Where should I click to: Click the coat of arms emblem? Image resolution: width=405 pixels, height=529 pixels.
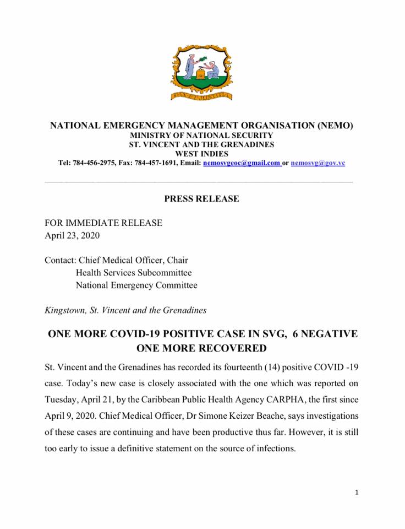point(201,73)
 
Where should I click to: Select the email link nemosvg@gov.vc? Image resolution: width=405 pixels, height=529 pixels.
point(318,163)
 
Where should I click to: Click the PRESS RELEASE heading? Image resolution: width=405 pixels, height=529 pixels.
point(201,199)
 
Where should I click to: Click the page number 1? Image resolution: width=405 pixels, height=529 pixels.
point(357,492)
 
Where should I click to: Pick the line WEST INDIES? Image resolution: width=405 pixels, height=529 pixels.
point(201,154)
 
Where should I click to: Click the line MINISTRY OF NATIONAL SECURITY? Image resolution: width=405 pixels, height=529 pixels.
point(201,135)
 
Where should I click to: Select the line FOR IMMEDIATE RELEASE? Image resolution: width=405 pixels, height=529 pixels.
point(103,223)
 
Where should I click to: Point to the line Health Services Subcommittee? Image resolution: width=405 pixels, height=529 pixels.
point(134,273)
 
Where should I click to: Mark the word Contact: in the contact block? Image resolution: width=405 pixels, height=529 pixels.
point(61,260)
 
